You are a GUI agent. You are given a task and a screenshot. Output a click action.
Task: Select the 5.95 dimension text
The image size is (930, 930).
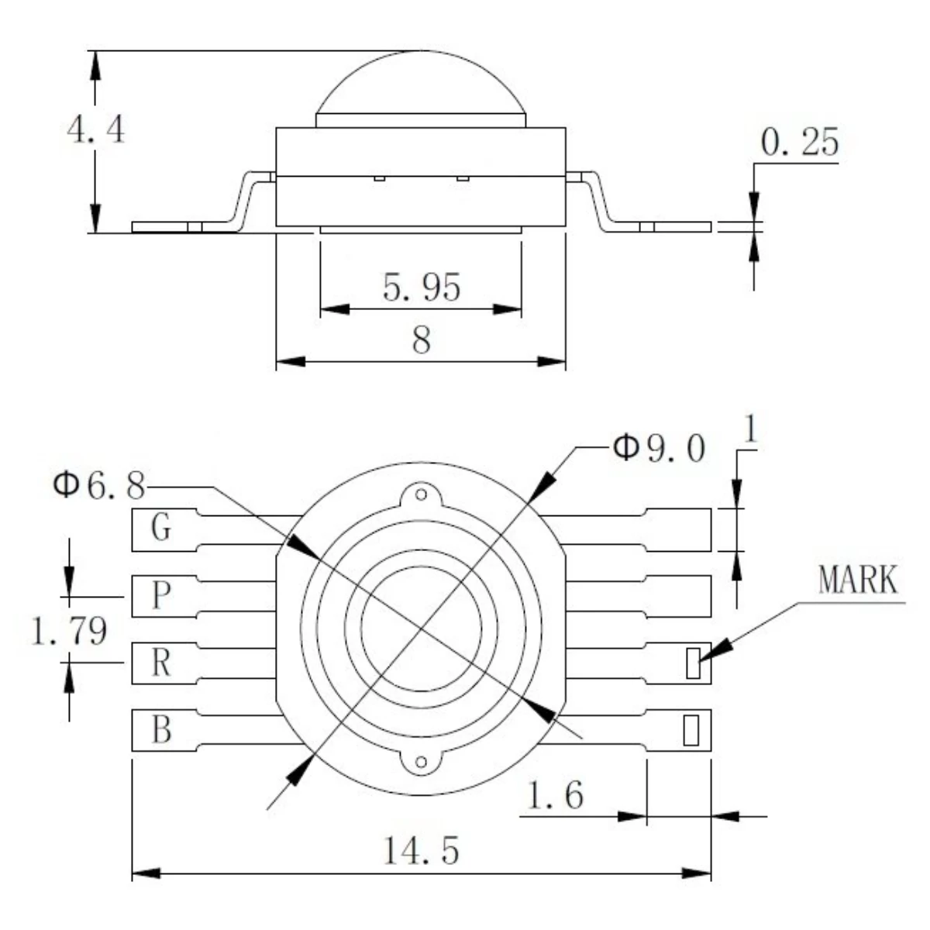(x=422, y=288)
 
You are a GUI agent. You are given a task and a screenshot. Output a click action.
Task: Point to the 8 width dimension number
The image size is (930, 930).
(x=421, y=339)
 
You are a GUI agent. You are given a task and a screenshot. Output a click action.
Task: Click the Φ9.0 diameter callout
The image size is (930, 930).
(x=659, y=448)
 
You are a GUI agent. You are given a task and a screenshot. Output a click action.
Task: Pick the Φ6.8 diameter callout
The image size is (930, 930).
(x=98, y=487)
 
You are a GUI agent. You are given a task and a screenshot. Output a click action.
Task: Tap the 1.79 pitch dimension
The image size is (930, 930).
(x=67, y=632)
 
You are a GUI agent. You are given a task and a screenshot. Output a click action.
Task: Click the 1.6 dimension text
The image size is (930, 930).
(x=555, y=796)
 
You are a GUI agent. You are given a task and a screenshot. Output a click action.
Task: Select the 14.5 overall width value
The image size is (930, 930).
(x=422, y=851)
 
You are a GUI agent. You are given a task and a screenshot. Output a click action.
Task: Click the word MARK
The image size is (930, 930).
(x=858, y=581)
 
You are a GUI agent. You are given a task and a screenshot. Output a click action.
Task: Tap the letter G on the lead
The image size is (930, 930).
(x=160, y=529)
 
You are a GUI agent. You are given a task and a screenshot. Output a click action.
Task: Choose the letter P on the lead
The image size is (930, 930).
(x=160, y=596)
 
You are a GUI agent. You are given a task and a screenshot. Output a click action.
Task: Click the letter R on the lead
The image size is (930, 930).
(x=160, y=663)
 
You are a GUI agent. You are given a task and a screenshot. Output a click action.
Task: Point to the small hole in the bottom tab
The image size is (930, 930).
(x=421, y=763)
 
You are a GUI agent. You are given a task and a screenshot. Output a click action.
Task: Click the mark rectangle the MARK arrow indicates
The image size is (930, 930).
(x=693, y=663)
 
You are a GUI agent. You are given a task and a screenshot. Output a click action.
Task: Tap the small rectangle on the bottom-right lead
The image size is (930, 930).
(x=689, y=730)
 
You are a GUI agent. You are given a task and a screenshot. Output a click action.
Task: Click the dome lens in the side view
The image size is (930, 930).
(x=421, y=85)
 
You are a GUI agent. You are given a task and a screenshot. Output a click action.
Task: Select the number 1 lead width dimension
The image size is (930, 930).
(x=749, y=435)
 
